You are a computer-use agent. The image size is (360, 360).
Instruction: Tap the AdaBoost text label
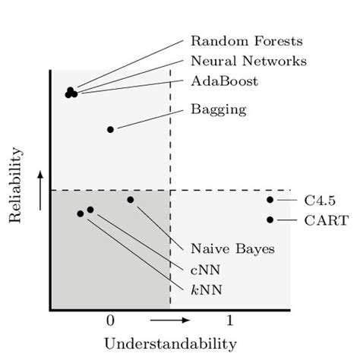coord(224,81)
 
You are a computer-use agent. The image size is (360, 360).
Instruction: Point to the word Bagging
coord(218,109)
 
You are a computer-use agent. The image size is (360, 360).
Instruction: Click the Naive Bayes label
coord(232,248)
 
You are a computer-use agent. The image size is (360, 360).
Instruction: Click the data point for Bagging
coord(111,129)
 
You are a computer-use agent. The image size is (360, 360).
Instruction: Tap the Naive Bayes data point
coord(131,200)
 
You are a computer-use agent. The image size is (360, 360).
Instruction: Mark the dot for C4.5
coord(270,200)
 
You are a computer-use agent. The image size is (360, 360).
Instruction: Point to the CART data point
coord(270,219)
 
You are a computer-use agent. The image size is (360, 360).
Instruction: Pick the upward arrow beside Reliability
coord(39,189)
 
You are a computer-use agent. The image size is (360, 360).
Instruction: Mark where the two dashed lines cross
coord(170,190)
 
